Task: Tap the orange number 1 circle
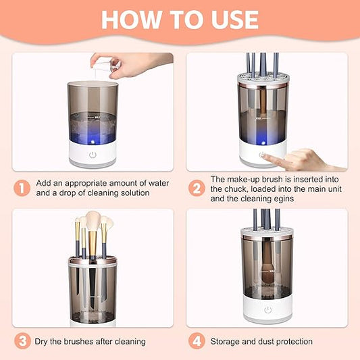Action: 23,188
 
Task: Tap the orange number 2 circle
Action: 195,188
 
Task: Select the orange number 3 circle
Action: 23,341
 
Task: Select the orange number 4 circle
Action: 195,341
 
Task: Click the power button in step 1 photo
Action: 93,155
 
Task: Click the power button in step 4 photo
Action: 267,309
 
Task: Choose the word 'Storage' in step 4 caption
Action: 227,342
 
